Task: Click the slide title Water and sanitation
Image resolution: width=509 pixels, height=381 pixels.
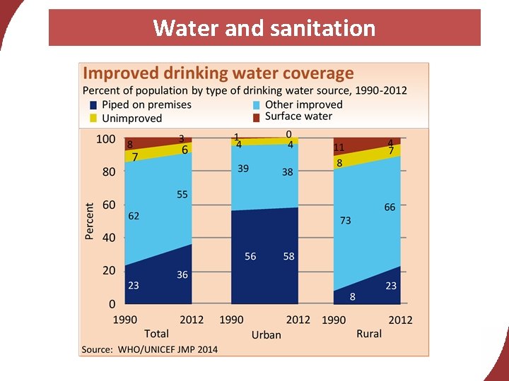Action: (x=264, y=28)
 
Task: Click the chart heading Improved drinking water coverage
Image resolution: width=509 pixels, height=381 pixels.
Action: (x=218, y=73)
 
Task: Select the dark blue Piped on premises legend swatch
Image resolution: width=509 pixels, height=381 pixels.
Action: (x=92, y=105)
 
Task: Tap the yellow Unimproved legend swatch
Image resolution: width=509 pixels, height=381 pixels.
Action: (x=92, y=118)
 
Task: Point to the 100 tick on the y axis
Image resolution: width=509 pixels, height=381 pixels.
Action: (x=105, y=139)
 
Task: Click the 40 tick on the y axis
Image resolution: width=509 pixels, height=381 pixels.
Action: (x=108, y=238)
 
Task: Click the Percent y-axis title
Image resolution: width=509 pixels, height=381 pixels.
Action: (x=90, y=221)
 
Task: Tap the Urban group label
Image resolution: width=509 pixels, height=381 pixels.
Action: (x=266, y=335)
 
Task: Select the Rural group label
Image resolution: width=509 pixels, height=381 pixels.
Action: (x=369, y=334)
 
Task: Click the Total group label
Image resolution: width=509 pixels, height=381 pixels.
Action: (x=156, y=334)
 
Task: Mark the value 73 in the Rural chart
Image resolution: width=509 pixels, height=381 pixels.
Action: (x=345, y=221)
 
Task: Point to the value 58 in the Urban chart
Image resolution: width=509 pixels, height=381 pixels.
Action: (x=288, y=257)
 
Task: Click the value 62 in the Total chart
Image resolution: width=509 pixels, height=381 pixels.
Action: (x=134, y=217)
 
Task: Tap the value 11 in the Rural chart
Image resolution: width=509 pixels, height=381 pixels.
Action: (x=339, y=147)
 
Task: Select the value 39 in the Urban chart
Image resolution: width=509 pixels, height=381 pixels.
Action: (x=242, y=169)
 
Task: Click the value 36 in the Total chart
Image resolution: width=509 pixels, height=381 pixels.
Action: (x=182, y=275)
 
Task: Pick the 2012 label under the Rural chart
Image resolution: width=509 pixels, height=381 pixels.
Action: (x=400, y=320)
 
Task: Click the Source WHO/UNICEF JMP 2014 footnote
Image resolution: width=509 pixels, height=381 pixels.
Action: (x=150, y=349)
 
